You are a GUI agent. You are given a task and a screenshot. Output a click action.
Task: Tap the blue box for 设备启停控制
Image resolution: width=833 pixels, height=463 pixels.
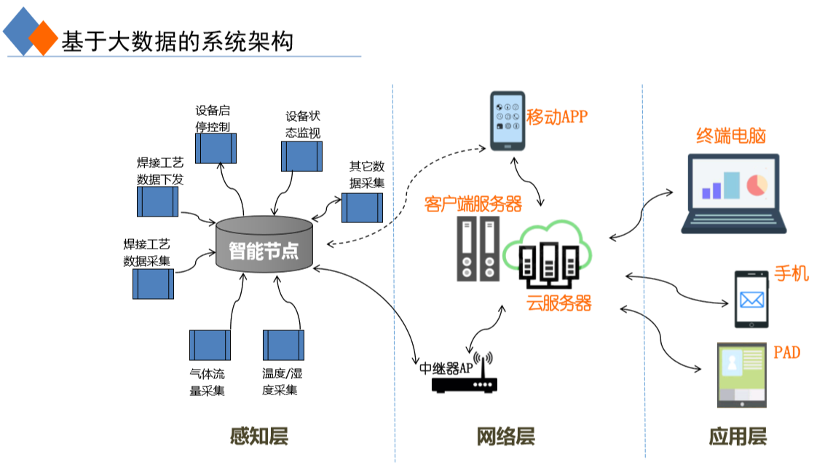tap(217, 149)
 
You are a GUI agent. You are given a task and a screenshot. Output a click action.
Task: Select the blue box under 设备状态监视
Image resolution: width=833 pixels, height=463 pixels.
tap(301, 157)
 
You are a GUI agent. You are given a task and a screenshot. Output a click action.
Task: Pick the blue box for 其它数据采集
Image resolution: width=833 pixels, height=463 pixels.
tap(363, 207)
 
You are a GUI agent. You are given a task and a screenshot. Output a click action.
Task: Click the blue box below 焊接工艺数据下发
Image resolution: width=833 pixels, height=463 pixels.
tap(157, 201)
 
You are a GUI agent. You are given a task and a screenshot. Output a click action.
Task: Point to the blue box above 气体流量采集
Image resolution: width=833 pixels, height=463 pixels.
tap(210, 345)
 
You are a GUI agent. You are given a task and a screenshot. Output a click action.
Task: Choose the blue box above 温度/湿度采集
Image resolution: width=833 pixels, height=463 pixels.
tap(283, 345)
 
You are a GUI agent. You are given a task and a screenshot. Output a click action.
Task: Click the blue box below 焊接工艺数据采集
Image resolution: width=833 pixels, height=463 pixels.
tap(153, 284)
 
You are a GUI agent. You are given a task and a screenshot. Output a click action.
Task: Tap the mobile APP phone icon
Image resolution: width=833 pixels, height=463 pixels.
tap(508, 121)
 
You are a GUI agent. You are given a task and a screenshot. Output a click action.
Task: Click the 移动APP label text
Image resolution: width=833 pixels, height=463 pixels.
tap(556, 117)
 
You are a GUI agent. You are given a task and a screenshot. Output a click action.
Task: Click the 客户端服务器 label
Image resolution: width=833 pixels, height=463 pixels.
tap(473, 203)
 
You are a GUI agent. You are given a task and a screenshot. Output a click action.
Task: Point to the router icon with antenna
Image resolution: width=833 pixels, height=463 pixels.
tap(465, 378)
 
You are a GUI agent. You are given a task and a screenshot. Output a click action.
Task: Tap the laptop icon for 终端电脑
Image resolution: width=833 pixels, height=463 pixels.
tap(733, 193)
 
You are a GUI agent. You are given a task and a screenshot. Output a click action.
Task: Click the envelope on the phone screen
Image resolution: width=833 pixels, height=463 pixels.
tap(751, 299)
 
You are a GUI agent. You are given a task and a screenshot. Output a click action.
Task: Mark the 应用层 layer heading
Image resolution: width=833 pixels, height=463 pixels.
tap(738, 436)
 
